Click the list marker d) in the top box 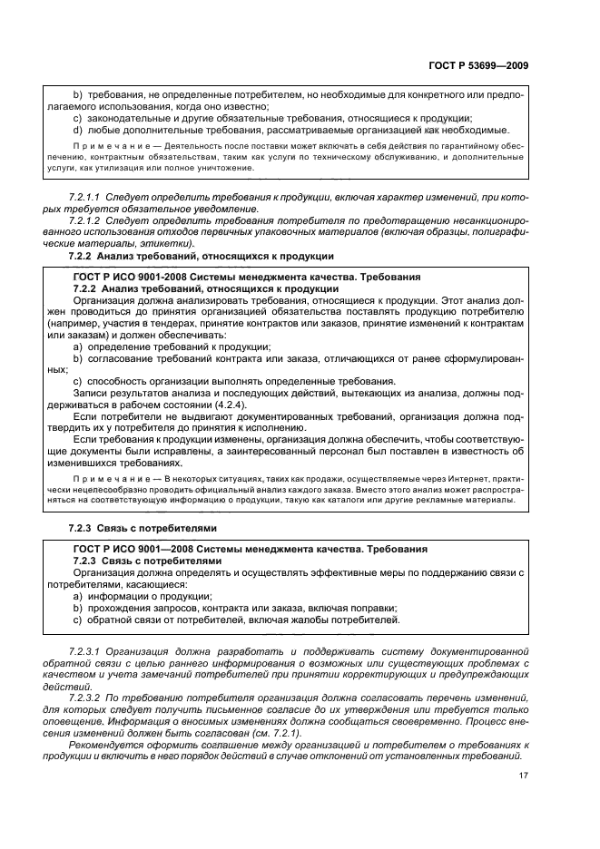tap(78, 130)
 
